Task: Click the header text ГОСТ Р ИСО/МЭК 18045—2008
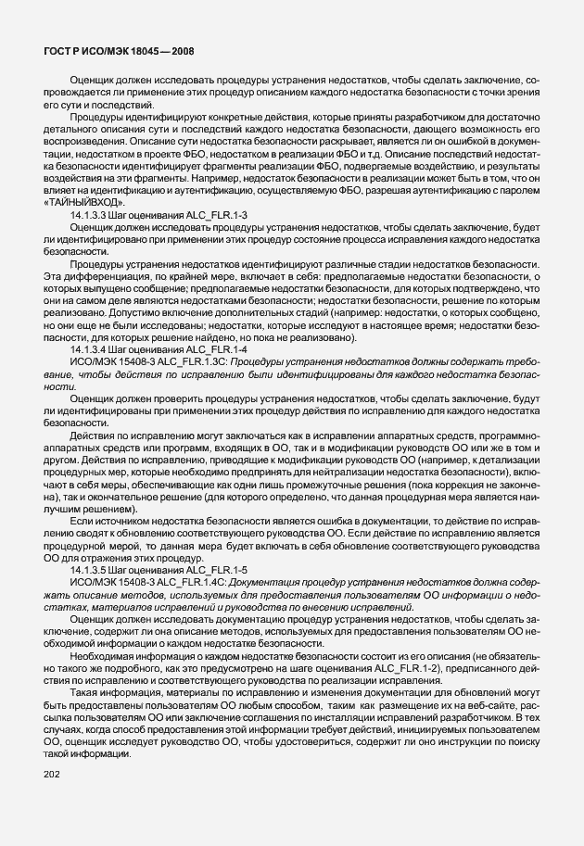119,52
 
